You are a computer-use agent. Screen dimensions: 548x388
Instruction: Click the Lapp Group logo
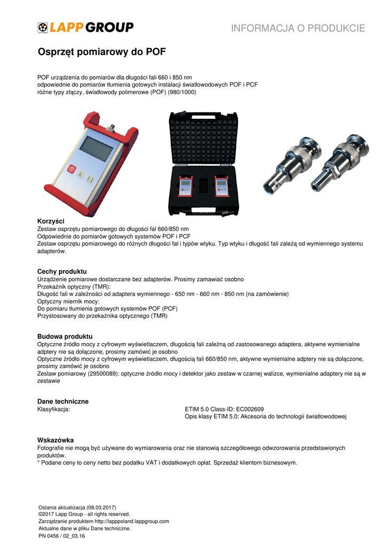tap(86, 27)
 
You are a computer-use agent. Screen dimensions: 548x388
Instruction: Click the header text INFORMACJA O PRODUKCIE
tap(298, 28)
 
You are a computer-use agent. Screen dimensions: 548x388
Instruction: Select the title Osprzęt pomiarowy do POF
tap(102, 52)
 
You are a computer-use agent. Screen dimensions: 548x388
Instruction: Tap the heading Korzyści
tap(51, 221)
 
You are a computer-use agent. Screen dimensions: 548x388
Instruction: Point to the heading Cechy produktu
tap(62, 271)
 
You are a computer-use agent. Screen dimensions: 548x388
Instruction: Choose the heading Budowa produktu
tap(65, 336)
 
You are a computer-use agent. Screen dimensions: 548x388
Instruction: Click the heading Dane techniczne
tap(63, 401)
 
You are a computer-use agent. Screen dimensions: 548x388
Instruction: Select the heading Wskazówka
tap(55, 440)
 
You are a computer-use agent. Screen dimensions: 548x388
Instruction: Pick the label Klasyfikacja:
tap(54, 409)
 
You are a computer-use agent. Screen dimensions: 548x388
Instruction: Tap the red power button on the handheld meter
tap(71, 169)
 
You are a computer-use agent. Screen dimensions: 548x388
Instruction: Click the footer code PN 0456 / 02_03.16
tap(62, 536)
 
